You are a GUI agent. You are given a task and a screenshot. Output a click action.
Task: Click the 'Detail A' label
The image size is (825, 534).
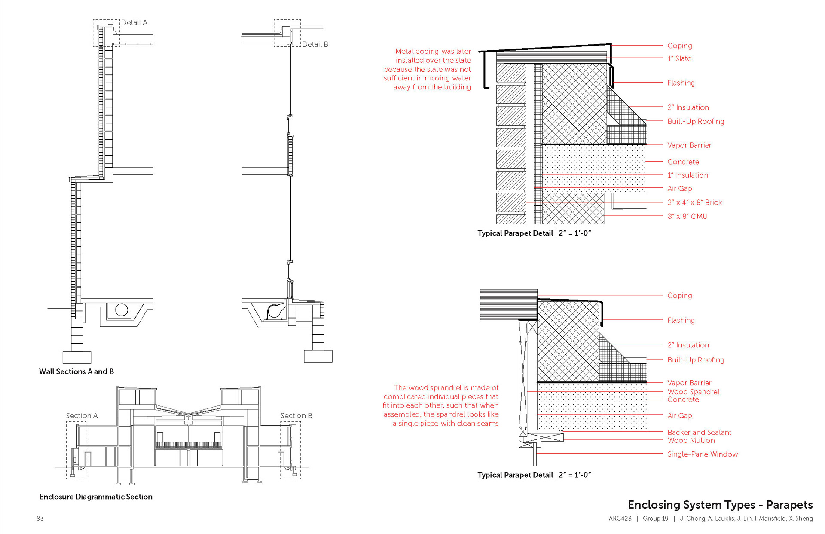[x=134, y=23]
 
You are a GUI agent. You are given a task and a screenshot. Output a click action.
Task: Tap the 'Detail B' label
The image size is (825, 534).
[x=315, y=44]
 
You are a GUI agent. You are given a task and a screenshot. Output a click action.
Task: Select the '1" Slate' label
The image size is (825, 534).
[x=679, y=58]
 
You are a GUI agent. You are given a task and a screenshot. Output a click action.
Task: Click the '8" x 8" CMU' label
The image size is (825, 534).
[x=687, y=216]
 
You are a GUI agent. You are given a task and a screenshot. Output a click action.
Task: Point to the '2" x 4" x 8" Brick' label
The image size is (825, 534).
[x=694, y=203]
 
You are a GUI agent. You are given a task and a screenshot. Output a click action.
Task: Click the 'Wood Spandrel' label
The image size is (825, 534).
[x=693, y=392]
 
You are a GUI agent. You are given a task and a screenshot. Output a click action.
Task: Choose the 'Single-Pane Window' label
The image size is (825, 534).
[x=703, y=454]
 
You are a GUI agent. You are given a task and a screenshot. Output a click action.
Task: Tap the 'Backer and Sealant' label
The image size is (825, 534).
[x=699, y=432]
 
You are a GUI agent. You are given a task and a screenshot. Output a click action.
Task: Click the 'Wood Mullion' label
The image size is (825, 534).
[x=691, y=440]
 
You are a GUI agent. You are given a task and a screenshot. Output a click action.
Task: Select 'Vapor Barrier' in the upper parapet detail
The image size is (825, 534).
[x=689, y=145]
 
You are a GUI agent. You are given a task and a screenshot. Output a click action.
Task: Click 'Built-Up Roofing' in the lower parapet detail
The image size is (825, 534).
[x=696, y=360]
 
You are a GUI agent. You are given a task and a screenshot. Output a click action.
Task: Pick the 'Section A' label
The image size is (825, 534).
[x=82, y=416]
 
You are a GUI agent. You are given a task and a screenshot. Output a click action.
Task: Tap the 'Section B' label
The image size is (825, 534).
[x=296, y=416]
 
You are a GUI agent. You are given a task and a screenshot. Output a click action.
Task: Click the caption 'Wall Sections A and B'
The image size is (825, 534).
[x=76, y=371]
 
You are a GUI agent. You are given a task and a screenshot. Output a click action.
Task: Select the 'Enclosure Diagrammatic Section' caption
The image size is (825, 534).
[x=96, y=497]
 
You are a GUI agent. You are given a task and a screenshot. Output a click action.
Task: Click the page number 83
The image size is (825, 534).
[x=40, y=519]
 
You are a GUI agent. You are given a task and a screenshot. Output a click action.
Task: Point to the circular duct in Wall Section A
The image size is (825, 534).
[x=122, y=310]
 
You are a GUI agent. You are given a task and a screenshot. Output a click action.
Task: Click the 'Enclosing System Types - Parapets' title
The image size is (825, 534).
[x=720, y=505]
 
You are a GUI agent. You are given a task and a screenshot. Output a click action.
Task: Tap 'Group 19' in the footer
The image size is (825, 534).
[x=655, y=519]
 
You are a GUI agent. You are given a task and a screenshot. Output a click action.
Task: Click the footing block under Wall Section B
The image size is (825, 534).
[x=318, y=356]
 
